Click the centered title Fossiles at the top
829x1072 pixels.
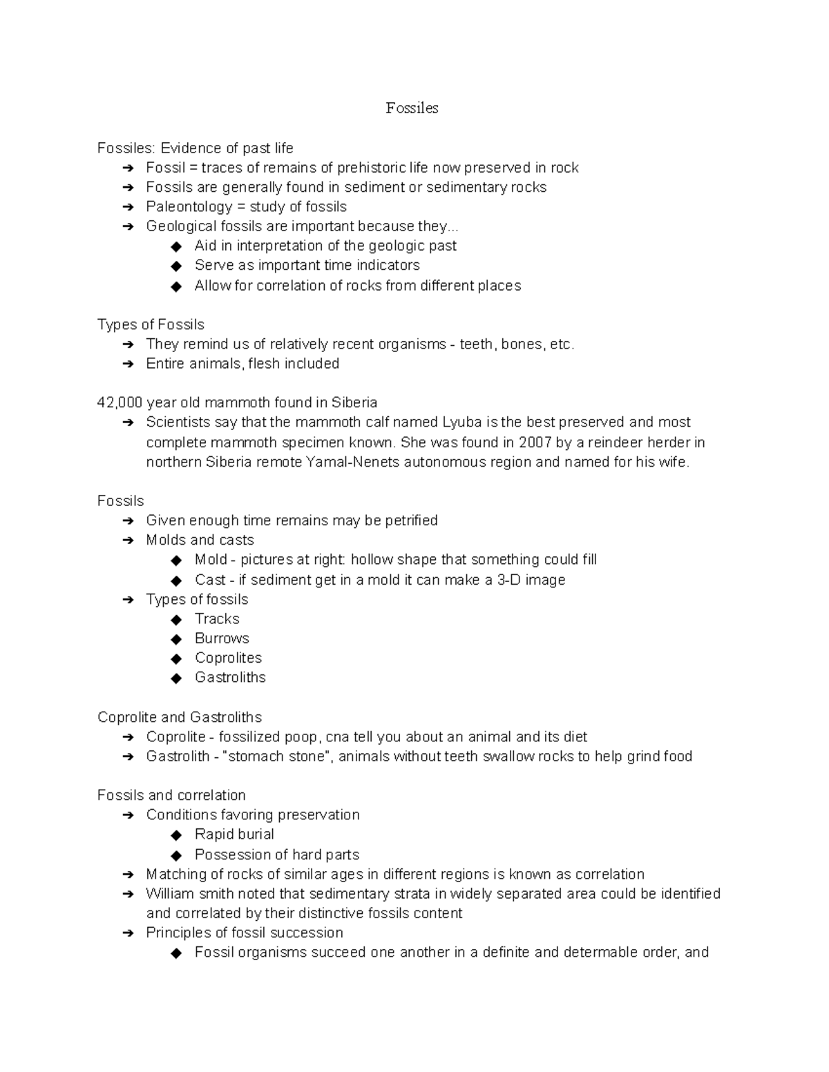(x=412, y=108)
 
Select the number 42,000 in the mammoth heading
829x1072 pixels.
(x=120, y=402)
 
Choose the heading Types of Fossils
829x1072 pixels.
(x=151, y=324)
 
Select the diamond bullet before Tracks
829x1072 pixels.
(x=176, y=619)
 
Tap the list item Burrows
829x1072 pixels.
(x=222, y=639)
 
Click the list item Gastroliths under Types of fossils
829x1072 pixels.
(x=230, y=677)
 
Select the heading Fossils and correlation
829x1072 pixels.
(x=171, y=795)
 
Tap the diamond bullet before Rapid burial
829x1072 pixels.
(x=176, y=835)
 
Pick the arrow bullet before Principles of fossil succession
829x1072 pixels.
(x=128, y=933)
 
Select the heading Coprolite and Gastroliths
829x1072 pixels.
(x=180, y=717)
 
